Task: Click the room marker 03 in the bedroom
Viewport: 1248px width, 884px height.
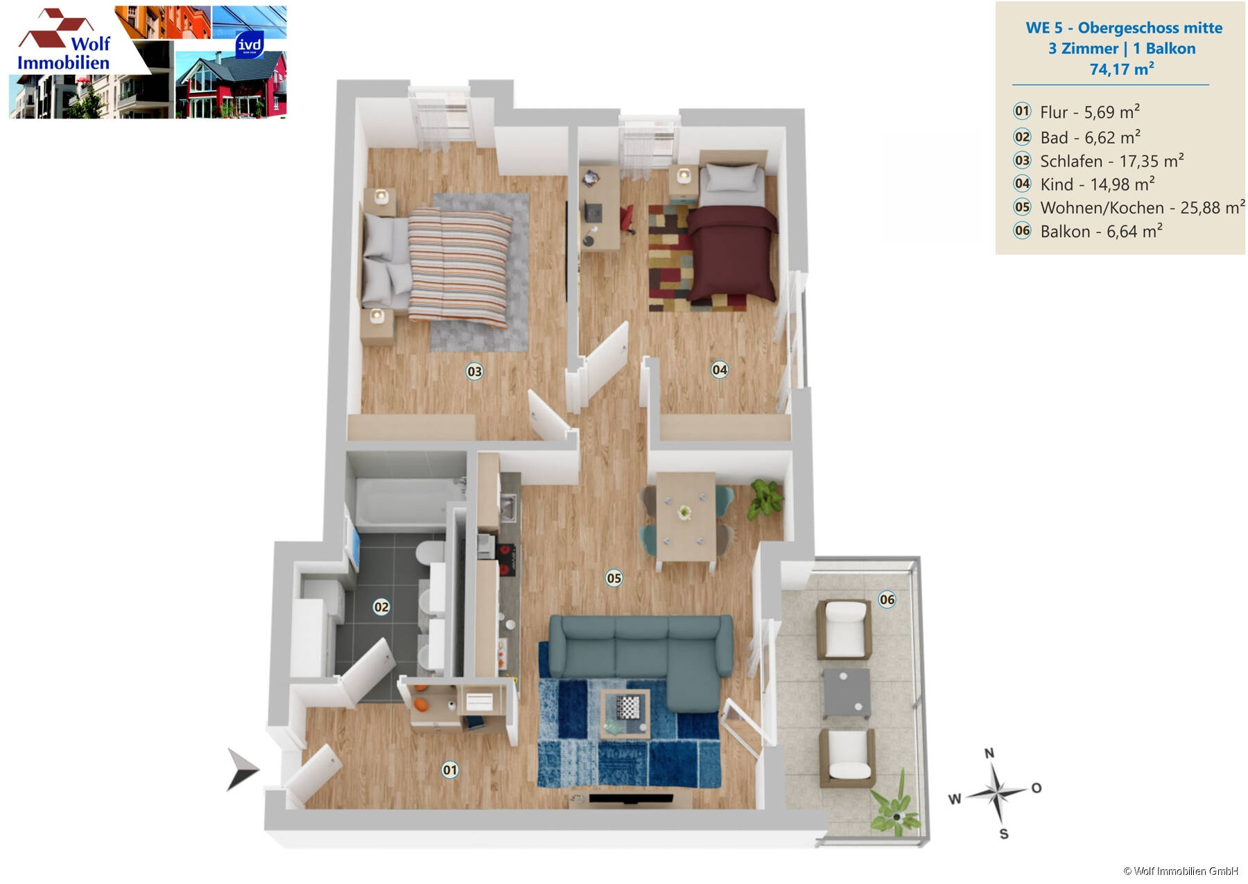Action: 474,372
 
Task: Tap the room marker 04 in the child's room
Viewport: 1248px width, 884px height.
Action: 720,370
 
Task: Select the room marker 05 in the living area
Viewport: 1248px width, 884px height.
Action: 614,578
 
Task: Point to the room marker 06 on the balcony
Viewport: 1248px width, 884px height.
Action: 887,600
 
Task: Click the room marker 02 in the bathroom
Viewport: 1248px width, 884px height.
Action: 381,607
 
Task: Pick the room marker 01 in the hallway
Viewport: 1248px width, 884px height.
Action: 450,770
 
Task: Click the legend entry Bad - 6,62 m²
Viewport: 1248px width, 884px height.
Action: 1089,137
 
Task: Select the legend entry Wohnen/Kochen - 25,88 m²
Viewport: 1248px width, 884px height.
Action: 1141,208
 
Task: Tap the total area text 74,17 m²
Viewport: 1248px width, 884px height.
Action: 1121,69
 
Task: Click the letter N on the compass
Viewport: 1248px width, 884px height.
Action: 989,754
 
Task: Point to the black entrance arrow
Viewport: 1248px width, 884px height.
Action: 241,770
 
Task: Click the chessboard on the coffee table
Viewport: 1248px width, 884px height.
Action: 627,708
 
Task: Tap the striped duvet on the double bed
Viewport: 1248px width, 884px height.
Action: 459,267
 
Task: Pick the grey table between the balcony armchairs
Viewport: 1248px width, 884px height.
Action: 847,692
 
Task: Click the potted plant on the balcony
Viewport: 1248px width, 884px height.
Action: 896,808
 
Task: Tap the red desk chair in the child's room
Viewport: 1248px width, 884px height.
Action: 627,218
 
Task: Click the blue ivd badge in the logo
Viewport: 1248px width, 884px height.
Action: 249,45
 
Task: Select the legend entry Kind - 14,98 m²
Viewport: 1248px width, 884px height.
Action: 1097,184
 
